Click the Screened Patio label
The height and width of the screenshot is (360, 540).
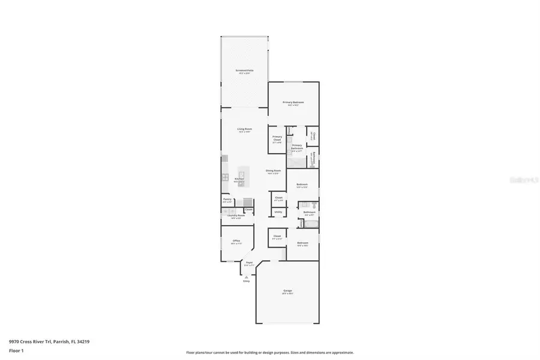[x=244, y=71]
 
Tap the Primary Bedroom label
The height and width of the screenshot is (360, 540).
[x=293, y=103]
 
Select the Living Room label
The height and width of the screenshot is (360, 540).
[x=244, y=130]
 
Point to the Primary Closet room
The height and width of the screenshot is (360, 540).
[x=277, y=139]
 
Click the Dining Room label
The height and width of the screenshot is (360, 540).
[x=274, y=171]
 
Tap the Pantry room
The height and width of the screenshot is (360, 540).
[x=227, y=200]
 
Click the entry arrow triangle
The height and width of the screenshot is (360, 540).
[x=246, y=277]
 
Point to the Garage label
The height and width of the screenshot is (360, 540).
[x=288, y=292]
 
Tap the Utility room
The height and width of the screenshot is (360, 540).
[x=278, y=212]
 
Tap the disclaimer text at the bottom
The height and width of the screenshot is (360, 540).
[x=270, y=353]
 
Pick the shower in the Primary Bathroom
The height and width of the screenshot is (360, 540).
[x=296, y=161]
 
